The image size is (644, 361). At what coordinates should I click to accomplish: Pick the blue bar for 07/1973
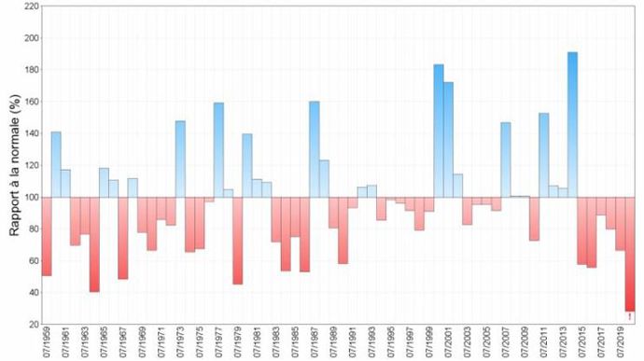tap(180, 159)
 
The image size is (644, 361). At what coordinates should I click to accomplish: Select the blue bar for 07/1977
tap(218, 149)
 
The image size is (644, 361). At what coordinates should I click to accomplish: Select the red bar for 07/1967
tap(123, 238)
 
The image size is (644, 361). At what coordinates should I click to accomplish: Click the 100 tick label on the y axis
tap(31, 197)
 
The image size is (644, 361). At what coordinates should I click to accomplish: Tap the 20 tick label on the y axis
tap(33, 324)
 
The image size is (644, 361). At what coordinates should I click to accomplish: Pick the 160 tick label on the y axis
tap(31, 102)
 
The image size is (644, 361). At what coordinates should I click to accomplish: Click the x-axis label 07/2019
tap(621, 343)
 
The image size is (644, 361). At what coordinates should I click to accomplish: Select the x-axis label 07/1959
tap(48, 343)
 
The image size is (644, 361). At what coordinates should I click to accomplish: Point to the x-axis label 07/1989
tap(334, 343)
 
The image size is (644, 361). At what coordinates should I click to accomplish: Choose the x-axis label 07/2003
tap(468, 343)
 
